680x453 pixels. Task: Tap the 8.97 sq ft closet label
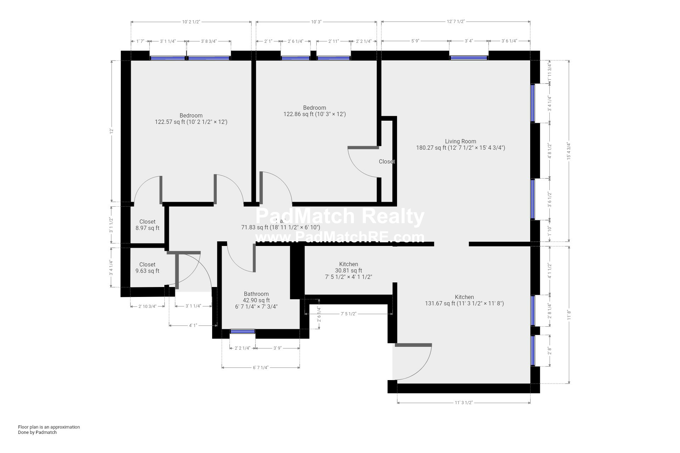click(x=147, y=225)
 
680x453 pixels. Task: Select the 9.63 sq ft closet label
click(x=147, y=268)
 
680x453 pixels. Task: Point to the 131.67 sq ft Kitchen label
click(x=464, y=300)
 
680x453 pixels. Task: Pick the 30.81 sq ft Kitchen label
click(x=348, y=270)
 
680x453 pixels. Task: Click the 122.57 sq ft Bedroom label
click(x=191, y=119)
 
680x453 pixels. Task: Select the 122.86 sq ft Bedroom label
click(x=314, y=111)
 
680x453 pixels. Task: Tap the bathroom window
click(x=243, y=332)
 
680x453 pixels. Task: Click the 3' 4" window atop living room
click(x=469, y=58)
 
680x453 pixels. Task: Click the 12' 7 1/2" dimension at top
click(x=455, y=22)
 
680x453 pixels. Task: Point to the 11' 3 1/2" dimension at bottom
click(x=464, y=403)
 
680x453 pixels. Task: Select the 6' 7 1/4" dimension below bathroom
click(x=261, y=368)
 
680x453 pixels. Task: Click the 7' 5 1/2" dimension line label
click(x=348, y=314)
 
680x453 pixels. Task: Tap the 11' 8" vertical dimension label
click(x=569, y=315)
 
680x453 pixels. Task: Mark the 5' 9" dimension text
click(x=415, y=41)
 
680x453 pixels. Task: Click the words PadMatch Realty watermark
click(x=340, y=217)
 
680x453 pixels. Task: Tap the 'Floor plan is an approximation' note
click(x=49, y=427)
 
